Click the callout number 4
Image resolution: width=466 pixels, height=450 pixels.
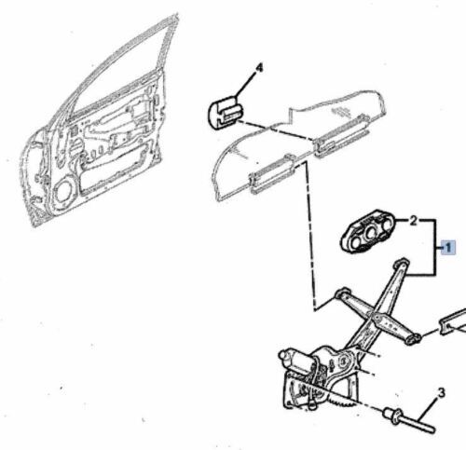click(x=259, y=68)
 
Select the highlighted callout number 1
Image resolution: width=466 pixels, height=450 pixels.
click(x=448, y=248)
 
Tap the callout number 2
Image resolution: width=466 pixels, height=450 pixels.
click(x=413, y=221)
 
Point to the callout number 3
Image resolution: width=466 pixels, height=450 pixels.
click(x=441, y=392)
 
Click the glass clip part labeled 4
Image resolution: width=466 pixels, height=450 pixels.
click(x=226, y=112)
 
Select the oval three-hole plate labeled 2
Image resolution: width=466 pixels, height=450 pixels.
click(x=369, y=231)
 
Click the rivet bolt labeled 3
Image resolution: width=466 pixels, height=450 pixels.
click(x=408, y=420)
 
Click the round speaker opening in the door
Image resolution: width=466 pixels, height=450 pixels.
click(x=64, y=192)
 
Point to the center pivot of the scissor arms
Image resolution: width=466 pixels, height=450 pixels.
click(x=377, y=317)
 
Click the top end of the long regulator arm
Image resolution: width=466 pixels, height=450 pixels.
click(x=402, y=263)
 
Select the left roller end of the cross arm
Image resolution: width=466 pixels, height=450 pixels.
click(x=342, y=293)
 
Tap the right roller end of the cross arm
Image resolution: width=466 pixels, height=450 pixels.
click(x=413, y=338)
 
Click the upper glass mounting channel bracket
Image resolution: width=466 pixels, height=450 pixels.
click(x=342, y=136)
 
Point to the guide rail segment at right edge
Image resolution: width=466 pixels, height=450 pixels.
click(x=453, y=322)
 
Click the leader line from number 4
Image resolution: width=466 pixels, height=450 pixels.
click(x=246, y=84)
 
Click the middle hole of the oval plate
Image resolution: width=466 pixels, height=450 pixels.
click(x=370, y=231)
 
